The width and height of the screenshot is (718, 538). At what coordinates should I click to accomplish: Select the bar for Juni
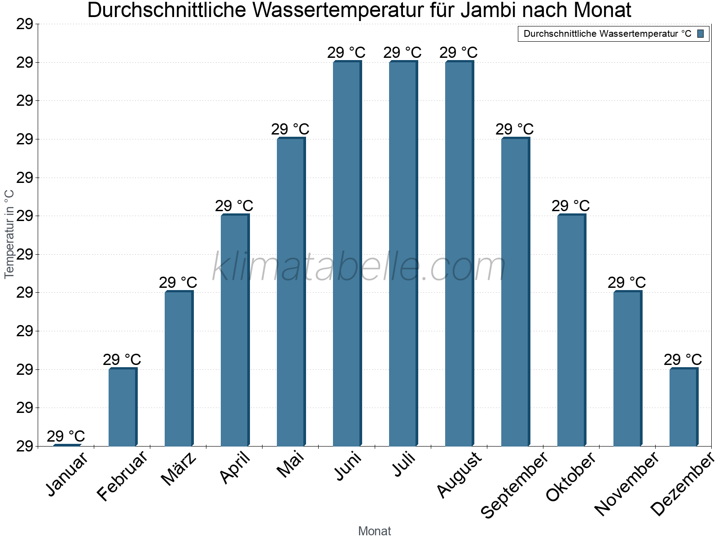tap(347, 253)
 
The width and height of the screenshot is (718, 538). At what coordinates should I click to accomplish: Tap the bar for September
tap(515, 291)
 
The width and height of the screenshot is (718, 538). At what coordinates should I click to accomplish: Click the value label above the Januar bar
tap(66, 436)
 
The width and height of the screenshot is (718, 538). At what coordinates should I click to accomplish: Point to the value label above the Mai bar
tap(290, 130)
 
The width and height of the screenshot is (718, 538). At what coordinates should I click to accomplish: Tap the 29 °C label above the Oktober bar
tap(571, 206)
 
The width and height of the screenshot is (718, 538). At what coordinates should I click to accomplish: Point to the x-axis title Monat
tap(375, 531)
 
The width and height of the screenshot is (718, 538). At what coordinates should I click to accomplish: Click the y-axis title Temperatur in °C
tap(9, 234)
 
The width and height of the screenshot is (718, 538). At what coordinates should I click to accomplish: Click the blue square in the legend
tap(700, 34)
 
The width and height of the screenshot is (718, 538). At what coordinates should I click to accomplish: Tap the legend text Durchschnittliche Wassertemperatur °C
tap(607, 34)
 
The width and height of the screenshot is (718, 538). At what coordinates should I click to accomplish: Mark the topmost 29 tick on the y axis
tap(25, 24)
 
